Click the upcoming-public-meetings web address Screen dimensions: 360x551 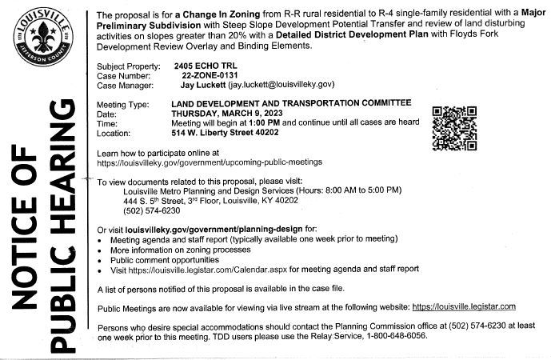click(209, 162)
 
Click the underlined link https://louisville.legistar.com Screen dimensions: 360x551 click(464, 306)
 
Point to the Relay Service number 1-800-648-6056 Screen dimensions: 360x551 click(393, 336)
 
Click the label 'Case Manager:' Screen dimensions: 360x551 click(124, 83)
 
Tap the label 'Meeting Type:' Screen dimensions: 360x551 click(122, 104)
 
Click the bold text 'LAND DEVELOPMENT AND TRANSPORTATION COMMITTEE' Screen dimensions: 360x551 click(292, 104)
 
